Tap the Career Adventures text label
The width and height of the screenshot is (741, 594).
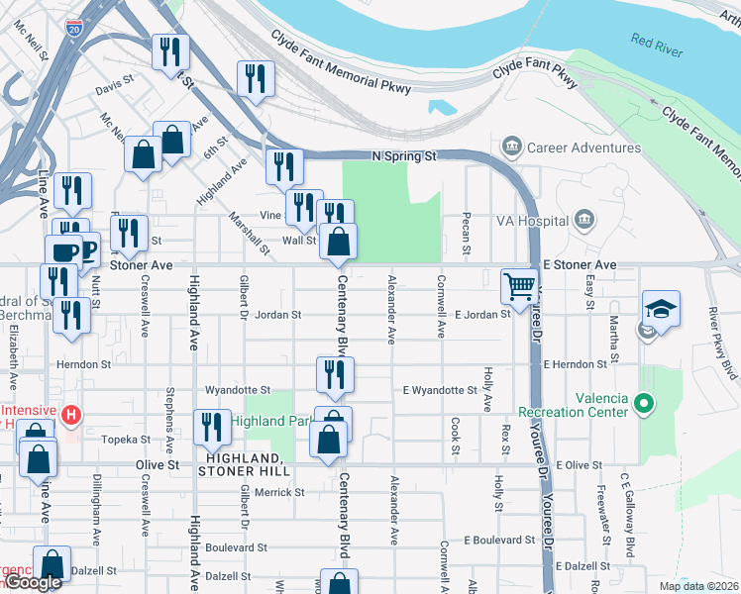coord(584,148)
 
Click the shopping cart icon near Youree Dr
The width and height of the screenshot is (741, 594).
coord(519,286)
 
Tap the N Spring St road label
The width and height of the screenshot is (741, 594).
coord(403,156)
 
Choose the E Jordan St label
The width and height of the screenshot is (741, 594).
coord(481,315)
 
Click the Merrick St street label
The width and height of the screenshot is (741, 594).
coord(278,492)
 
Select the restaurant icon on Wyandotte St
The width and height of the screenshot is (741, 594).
coord(335,374)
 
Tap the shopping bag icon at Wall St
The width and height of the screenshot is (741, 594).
coord(339,241)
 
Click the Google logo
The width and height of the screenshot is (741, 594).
coord(32,583)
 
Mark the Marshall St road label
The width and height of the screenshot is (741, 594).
coord(249,230)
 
